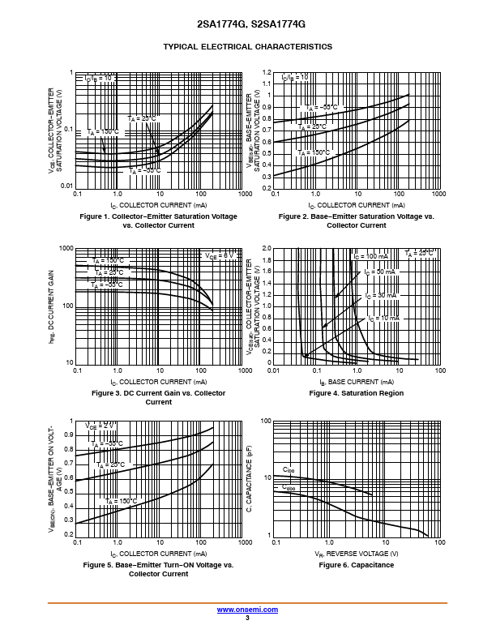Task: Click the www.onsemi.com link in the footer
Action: (x=247, y=610)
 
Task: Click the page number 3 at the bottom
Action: (x=247, y=618)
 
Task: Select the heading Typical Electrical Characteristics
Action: (x=247, y=47)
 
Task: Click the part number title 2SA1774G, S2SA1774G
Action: (x=247, y=24)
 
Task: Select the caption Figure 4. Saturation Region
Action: (x=357, y=393)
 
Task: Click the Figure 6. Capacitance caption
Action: (x=357, y=565)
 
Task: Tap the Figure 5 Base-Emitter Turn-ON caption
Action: (x=159, y=569)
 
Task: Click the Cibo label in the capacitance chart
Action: (x=289, y=470)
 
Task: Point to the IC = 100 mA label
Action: (x=370, y=256)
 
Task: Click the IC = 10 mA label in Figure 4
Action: (x=383, y=319)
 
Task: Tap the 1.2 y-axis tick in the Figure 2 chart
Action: (x=265, y=72)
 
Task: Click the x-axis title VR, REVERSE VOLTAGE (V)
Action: (x=357, y=552)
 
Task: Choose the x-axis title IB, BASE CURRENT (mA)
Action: (x=357, y=380)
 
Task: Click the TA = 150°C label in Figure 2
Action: (x=314, y=152)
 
